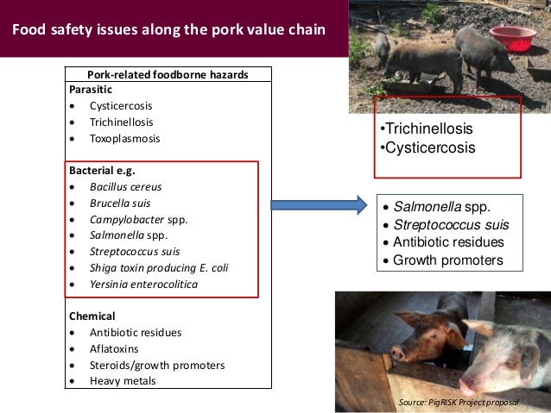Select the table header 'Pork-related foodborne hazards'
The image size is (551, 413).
pyautogui.click(x=168, y=75)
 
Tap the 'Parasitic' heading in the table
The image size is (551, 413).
pyautogui.click(x=88, y=88)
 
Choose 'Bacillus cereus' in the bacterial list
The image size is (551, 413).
pyautogui.click(x=125, y=186)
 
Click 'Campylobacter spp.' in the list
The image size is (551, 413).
pyautogui.click(x=138, y=219)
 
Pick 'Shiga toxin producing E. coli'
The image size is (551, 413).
pyautogui.click(x=159, y=267)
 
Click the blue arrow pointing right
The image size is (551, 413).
pyautogui.click(x=318, y=205)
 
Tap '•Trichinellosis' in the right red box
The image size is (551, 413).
pyautogui.click(x=427, y=129)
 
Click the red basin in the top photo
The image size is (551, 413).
pyautogui.click(x=512, y=37)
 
